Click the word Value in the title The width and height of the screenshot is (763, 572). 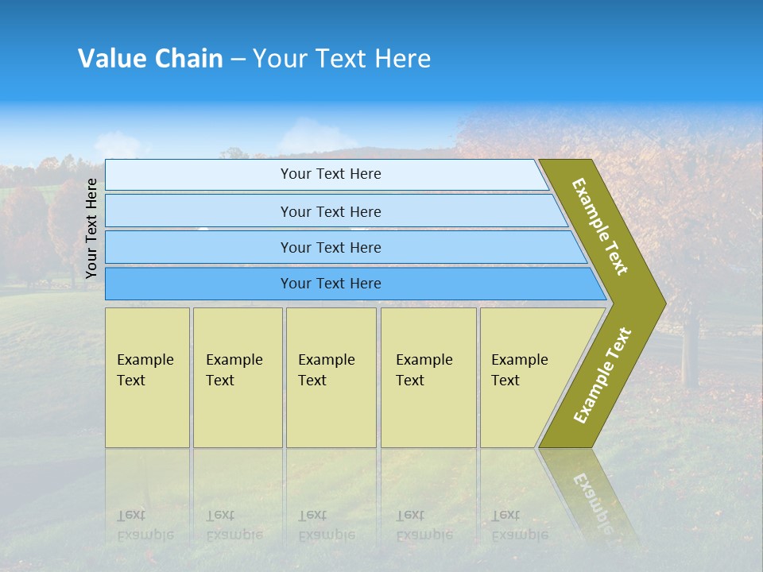pyautogui.click(x=110, y=59)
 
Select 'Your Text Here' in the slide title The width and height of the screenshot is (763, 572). pyautogui.click(x=342, y=59)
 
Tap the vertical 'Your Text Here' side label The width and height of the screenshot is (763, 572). pyautogui.click(x=91, y=228)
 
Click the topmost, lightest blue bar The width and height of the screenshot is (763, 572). pyautogui.click(x=330, y=174)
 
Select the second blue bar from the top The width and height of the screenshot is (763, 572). pyautogui.click(x=330, y=211)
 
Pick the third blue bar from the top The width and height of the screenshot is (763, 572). pyautogui.click(x=330, y=247)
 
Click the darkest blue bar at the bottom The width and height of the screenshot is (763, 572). pyautogui.click(x=330, y=284)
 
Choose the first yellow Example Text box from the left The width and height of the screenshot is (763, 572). pyautogui.click(x=147, y=377)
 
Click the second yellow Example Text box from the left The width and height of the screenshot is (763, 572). pyautogui.click(x=237, y=377)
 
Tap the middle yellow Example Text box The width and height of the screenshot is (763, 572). pyautogui.click(x=331, y=377)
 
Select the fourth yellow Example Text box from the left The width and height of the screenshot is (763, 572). pyautogui.click(x=428, y=377)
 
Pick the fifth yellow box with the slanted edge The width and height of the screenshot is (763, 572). pyautogui.click(x=525, y=377)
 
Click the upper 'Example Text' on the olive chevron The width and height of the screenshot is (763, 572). pyautogui.click(x=600, y=226)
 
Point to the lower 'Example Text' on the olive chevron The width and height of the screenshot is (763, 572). pyautogui.click(x=602, y=375)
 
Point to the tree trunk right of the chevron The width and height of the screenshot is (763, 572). pyautogui.click(x=689, y=350)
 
